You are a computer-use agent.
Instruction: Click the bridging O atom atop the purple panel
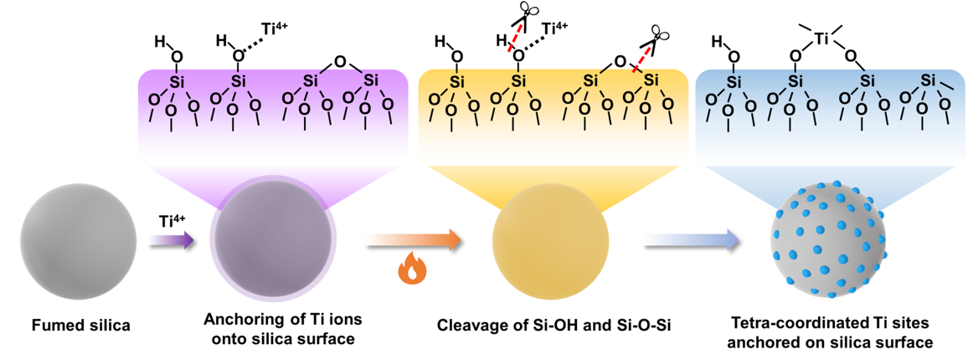tap(339, 60)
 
